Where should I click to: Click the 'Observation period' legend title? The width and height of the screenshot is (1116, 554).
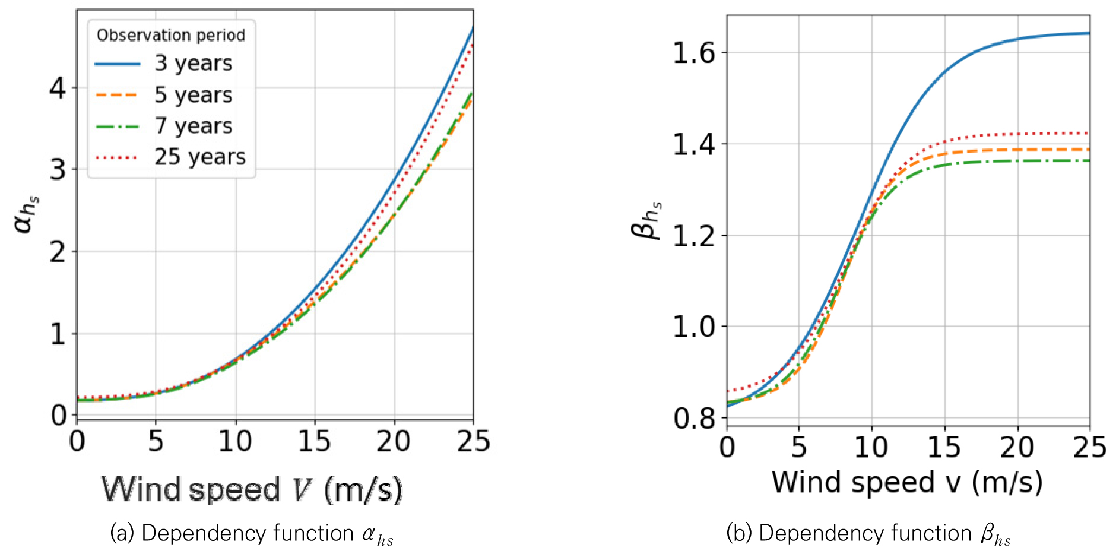point(171,35)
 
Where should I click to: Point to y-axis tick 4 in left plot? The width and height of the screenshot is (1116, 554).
point(58,88)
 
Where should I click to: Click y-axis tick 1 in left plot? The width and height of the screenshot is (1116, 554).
point(58,334)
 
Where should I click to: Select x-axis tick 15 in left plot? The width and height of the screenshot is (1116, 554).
point(315,442)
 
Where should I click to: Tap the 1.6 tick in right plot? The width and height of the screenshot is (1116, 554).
point(694,53)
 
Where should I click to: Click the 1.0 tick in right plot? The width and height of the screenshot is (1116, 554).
point(694,327)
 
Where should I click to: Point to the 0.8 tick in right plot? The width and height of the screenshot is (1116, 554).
point(694,419)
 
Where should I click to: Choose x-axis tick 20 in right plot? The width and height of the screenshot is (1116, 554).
point(1017,448)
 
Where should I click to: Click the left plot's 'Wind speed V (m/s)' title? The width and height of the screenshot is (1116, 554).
point(252,490)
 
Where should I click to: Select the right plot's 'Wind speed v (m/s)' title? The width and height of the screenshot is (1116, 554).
point(907,482)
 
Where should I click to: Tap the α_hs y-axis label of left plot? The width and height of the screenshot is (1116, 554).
point(27,214)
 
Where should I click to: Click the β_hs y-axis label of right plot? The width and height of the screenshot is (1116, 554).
point(646,220)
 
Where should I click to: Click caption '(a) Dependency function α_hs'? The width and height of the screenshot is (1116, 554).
point(252,534)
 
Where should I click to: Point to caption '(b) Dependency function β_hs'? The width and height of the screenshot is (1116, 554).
point(868,534)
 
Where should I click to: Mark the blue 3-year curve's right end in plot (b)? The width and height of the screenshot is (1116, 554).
point(1089,33)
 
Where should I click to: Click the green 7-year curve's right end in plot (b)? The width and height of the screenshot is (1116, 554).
point(1089,160)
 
